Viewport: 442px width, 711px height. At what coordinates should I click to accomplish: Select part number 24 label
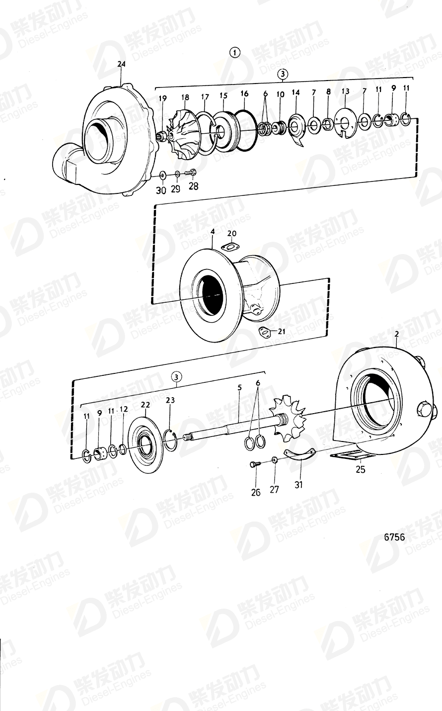click(x=122, y=64)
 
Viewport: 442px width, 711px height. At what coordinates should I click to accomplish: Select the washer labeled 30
click(x=162, y=175)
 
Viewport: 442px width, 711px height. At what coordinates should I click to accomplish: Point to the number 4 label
click(x=213, y=232)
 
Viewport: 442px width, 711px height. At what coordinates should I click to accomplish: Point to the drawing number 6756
click(x=394, y=537)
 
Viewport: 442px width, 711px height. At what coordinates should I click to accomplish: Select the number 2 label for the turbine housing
click(x=397, y=335)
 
